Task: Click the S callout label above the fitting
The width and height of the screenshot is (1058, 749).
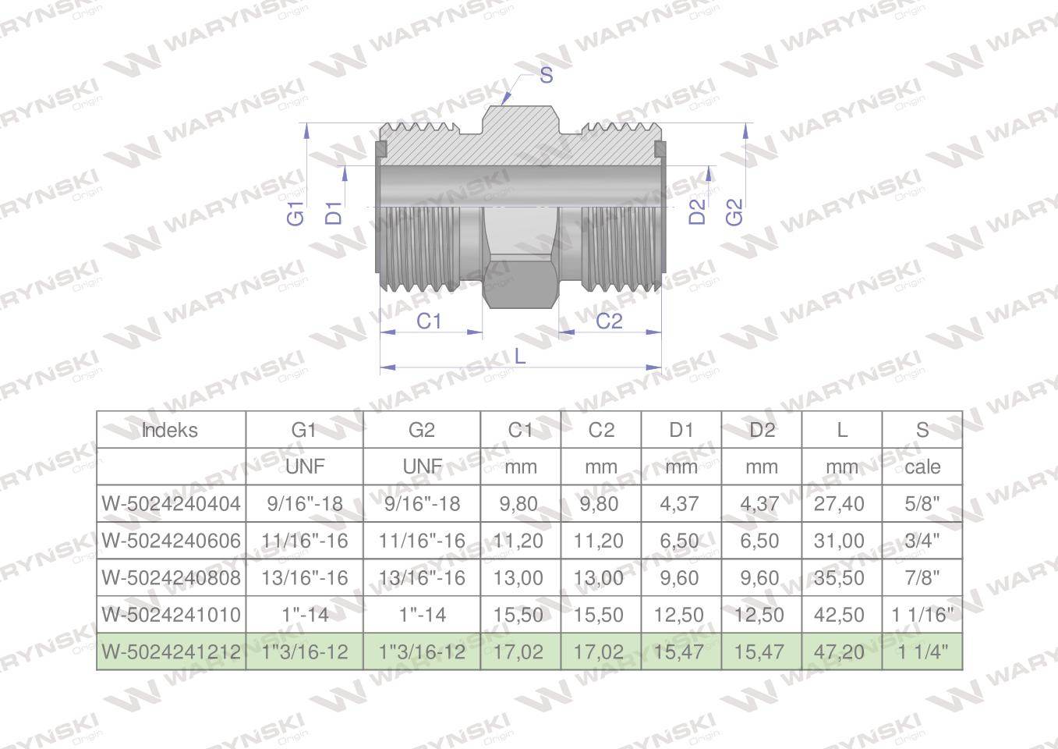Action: pyautogui.click(x=546, y=76)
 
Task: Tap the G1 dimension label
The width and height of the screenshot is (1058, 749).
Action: pyautogui.click(x=296, y=212)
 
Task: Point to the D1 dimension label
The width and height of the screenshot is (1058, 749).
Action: pyautogui.click(x=334, y=212)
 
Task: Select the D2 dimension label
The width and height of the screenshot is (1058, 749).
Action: pyautogui.click(x=698, y=211)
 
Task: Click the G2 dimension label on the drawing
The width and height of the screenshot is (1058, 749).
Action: pyautogui.click(x=734, y=211)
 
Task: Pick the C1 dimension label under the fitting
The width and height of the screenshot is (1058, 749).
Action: pyautogui.click(x=429, y=321)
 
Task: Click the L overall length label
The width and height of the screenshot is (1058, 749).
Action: pyautogui.click(x=520, y=356)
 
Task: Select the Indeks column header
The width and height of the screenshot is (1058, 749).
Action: pyautogui.click(x=170, y=430)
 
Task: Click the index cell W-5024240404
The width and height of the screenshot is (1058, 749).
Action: pyautogui.click(x=171, y=504)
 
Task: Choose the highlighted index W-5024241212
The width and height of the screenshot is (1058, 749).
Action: pyautogui.click(x=171, y=651)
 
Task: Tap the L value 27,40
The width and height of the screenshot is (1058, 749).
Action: pyautogui.click(x=840, y=504)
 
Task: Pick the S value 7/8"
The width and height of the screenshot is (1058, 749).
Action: pyautogui.click(x=922, y=578)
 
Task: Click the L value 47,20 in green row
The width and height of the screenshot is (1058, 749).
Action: pyautogui.click(x=840, y=651)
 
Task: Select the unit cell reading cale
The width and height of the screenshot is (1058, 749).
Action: pyautogui.click(x=922, y=467)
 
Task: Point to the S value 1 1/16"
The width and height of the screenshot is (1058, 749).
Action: pyautogui.click(x=922, y=615)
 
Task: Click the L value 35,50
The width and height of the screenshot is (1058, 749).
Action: pyautogui.click(x=840, y=578)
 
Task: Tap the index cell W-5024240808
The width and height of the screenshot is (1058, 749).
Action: pyautogui.click(x=171, y=578)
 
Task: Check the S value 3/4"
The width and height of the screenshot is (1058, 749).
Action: pyautogui.click(x=922, y=541)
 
